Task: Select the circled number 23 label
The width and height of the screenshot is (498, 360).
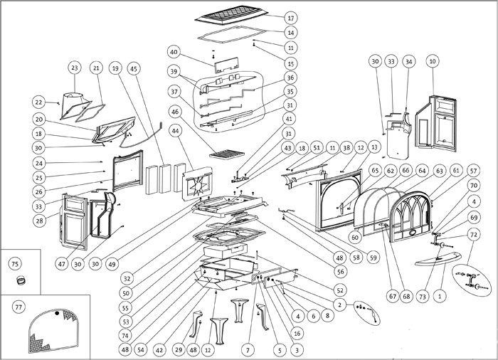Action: pyautogui.click(x=74, y=68)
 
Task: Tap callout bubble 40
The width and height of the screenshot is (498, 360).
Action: pyautogui.click(x=175, y=51)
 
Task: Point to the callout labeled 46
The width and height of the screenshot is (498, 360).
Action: pyautogui.click(x=175, y=112)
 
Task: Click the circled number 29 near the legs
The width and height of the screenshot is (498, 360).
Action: pyautogui.click(x=176, y=351)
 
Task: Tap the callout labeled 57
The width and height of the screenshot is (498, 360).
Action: pyautogui.click(x=474, y=171)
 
